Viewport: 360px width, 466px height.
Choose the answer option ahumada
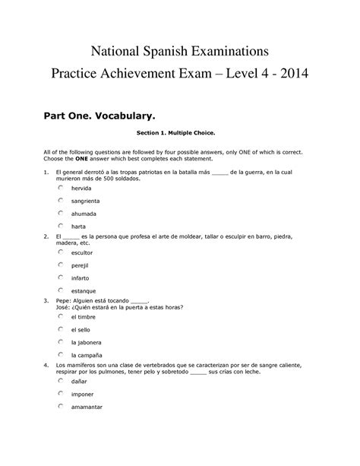(60, 214)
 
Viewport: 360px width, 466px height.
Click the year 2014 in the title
(289, 76)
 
